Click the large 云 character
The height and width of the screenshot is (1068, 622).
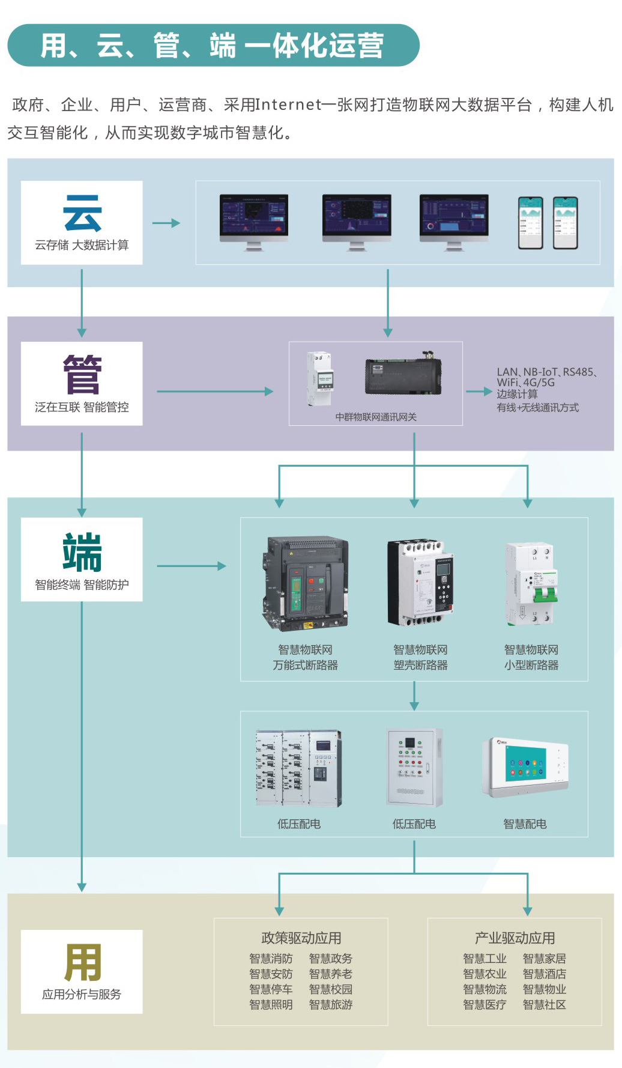(82, 213)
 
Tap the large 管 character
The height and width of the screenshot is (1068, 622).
(82, 374)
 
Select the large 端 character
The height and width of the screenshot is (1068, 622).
(82, 552)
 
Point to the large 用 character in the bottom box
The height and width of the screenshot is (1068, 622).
(82, 962)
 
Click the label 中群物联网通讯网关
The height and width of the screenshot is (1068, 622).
(376, 417)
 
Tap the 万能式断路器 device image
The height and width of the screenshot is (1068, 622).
(305, 584)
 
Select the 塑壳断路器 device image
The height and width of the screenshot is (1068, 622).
(420, 583)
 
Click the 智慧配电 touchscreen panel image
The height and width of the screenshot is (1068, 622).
(525, 767)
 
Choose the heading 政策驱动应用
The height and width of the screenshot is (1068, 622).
(301, 938)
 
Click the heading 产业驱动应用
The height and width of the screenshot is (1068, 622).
(515, 938)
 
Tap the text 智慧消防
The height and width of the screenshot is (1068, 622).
(271, 959)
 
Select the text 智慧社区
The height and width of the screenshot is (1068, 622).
(545, 1004)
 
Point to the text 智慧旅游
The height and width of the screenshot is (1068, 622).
(331, 1004)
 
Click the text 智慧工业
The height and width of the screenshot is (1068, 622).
(485, 959)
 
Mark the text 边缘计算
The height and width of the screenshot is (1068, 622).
(517, 394)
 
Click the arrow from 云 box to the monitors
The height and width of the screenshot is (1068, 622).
(166, 223)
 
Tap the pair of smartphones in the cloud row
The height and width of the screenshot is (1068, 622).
(548, 223)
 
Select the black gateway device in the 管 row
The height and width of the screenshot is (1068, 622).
(403, 375)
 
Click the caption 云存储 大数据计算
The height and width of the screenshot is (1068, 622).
(82, 245)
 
